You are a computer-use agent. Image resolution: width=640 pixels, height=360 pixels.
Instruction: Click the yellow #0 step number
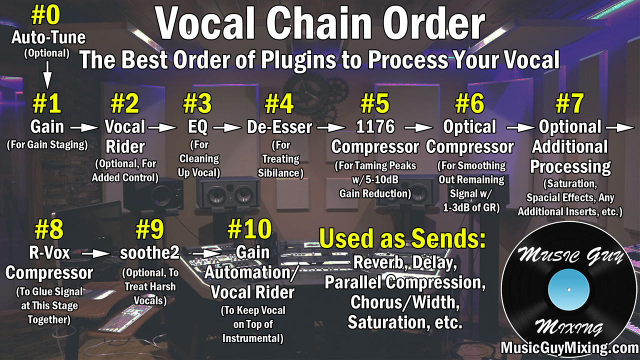pyautogui.click(x=45, y=15)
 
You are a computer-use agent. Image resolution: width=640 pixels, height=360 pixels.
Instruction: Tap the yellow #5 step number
pyautogui.click(x=375, y=103)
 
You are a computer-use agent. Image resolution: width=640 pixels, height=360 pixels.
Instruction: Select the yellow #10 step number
pyautogui.click(x=249, y=229)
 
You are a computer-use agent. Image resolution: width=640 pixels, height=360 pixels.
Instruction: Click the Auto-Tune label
pyautogui.click(x=48, y=38)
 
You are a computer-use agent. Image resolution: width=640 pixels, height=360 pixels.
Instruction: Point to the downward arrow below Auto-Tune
pyautogui.click(x=47, y=75)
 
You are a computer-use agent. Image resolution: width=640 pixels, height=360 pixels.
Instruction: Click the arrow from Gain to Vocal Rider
pyautogui.click(x=84, y=127)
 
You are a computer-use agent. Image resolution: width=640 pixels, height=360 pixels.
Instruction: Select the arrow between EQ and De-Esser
pyautogui.click(x=227, y=127)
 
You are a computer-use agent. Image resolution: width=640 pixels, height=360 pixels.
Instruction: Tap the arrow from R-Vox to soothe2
pyautogui.click(x=96, y=253)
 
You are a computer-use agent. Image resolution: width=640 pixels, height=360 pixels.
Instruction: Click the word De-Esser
pyautogui.click(x=279, y=127)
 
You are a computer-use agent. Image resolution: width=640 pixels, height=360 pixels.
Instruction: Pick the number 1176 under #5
pyautogui.click(x=375, y=126)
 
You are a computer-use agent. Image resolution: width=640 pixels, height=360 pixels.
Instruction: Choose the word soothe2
pyautogui.click(x=149, y=253)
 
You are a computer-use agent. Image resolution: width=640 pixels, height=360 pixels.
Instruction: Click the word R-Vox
pyautogui.click(x=49, y=253)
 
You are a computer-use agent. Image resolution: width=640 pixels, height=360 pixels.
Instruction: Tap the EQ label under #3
pyautogui.click(x=197, y=127)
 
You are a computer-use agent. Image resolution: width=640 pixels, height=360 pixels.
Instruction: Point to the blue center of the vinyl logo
pyautogui.click(x=568, y=289)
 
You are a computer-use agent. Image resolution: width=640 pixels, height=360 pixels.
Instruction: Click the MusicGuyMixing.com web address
pyautogui.click(x=570, y=348)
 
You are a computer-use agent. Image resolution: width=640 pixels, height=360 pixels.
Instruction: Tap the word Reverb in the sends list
pyautogui.click(x=381, y=262)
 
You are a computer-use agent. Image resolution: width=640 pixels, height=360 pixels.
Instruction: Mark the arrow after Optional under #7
pyautogui.click(x=620, y=127)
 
